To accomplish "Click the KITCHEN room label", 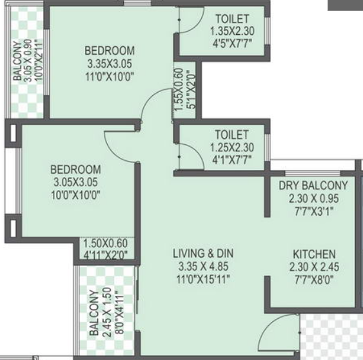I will [x=313, y=254].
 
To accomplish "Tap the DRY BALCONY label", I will [x=313, y=186].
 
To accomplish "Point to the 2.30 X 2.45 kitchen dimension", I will [x=313, y=267].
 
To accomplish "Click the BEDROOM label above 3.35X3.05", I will [x=110, y=51].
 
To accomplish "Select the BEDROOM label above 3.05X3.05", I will [x=75, y=169].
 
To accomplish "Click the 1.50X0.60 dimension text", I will [x=105, y=242].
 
